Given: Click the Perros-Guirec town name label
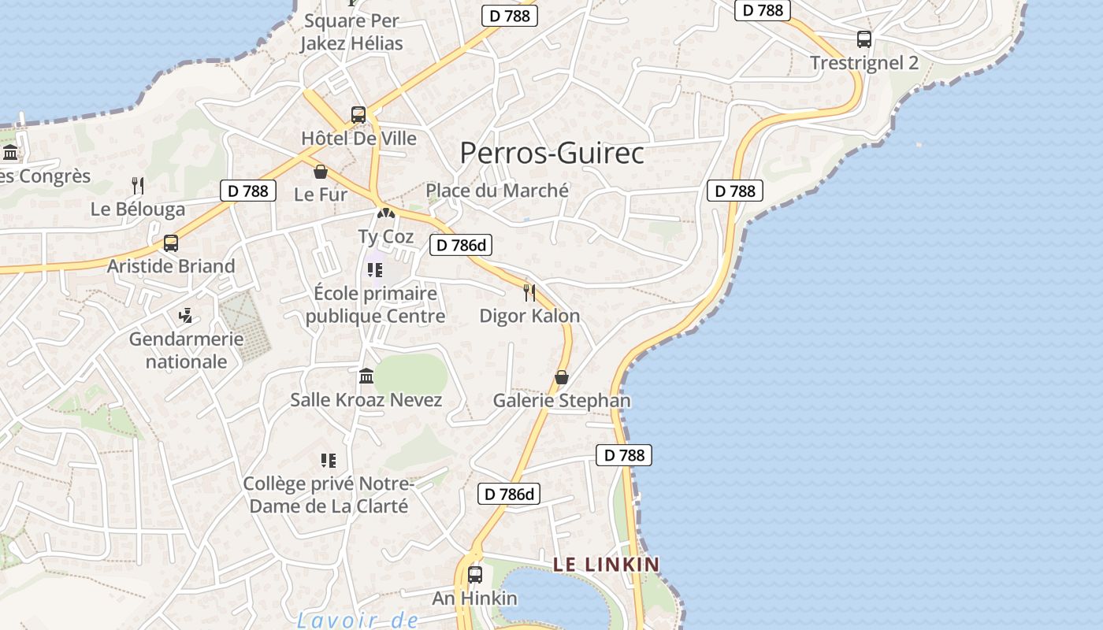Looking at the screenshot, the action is coord(551,153).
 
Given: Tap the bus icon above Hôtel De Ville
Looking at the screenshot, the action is coord(358,115).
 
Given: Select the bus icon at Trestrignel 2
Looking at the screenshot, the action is coord(864,39).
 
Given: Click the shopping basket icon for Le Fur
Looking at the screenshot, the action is coord(321,171).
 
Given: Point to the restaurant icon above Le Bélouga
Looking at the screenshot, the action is coord(138,186).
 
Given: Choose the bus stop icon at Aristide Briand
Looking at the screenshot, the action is coord(171,243).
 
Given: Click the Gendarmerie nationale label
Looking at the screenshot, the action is coord(186,350).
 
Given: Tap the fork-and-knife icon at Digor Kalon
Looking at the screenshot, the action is coord(529,293).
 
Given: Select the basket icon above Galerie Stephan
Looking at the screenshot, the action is coord(562,377).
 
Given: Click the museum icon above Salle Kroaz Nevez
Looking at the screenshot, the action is coord(366,376).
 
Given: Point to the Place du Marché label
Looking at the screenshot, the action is coord(497,191).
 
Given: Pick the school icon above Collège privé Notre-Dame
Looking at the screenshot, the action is coord(329,460).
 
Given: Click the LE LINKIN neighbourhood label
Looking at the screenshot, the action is coord(606,564).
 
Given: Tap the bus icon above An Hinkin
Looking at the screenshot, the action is coord(474,575).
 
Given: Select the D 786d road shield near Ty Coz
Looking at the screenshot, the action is coord(461,245).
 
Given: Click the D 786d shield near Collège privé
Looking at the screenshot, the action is coord(509,495).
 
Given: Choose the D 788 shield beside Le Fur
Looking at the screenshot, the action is coord(248,191).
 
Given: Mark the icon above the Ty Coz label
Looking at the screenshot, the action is coord(385,213).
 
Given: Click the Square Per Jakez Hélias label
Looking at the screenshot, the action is coord(351,32).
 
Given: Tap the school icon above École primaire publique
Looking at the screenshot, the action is coord(375,270).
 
